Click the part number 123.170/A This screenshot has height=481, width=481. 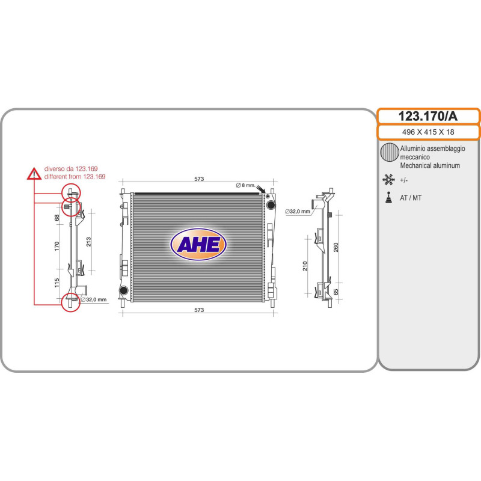click(427, 116)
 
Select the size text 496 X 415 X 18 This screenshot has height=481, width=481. click(428, 132)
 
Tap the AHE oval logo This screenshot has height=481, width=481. click(198, 245)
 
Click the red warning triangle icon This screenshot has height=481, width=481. click(34, 174)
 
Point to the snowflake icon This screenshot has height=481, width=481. click(388, 179)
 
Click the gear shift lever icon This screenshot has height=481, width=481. click(388, 198)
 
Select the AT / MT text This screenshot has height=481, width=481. click(411, 198)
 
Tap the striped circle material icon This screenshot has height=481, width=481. click(389, 152)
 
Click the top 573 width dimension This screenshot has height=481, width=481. click(199, 179)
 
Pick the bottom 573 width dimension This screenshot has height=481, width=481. click(199, 310)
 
